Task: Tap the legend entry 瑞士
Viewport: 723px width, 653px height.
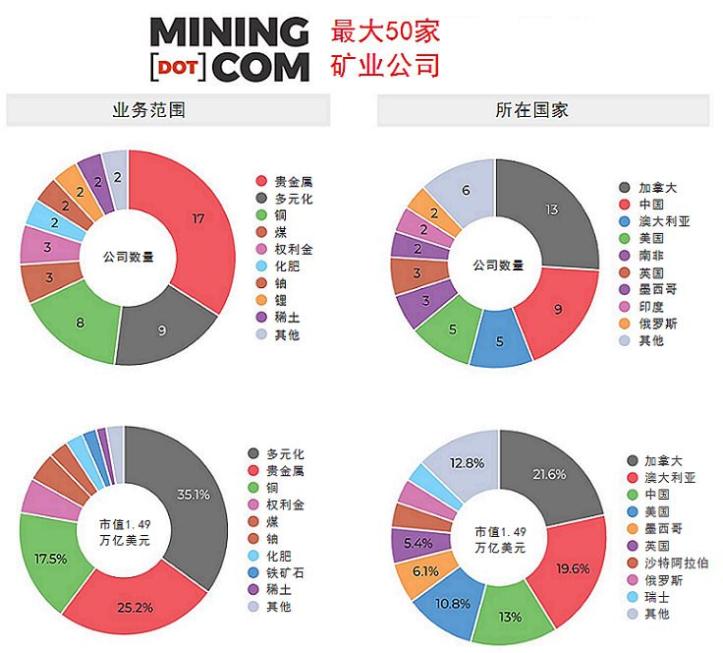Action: [657, 596]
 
